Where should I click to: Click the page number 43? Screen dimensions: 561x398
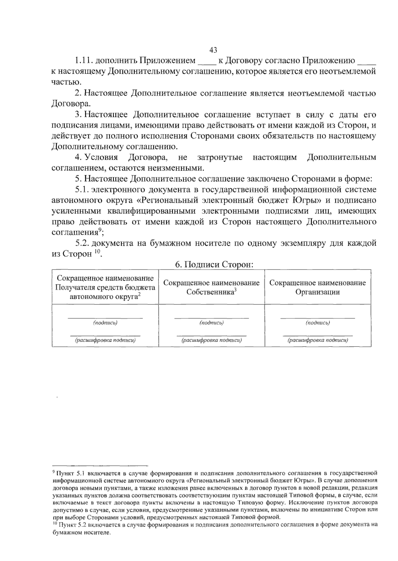pyautogui.click(x=213, y=50)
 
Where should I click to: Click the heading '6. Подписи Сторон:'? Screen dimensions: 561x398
pyautogui.click(x=214, y=265)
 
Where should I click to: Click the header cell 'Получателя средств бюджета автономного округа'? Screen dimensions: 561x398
pyautogui.click(x=105, y=287)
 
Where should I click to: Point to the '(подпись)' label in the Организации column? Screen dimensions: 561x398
pyautogui.click(x=317, y=323)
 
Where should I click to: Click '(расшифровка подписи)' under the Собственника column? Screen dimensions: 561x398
pyautogui.click(x=212, y=340)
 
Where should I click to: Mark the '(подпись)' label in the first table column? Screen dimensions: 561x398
pyautogui.click(x=105, y=323)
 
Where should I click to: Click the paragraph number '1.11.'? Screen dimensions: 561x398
pyautogui.click(x=83, y=61)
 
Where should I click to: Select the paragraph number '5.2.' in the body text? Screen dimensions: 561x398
pyautogui.click(x=83, y=243)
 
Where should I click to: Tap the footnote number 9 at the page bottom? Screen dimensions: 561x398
pyautogui.click(x=54, y=471)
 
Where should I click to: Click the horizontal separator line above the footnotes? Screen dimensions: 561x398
pyautogui.click(x=99, y=466)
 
